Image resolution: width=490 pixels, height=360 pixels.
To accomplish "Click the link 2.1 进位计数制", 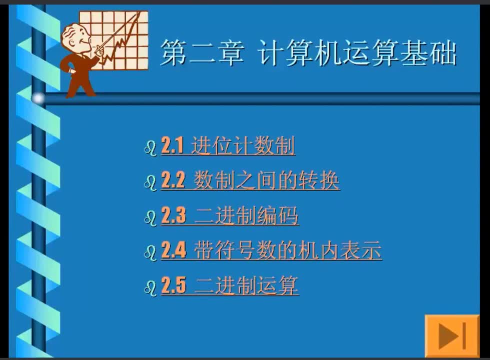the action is click(x=228, y=146).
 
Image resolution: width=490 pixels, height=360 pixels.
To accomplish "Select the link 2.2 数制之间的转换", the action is click(x=250, y=180).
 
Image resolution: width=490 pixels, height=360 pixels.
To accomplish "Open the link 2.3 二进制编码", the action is click(x=229, y=215).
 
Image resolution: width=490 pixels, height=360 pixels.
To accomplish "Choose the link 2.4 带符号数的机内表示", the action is click(x=271, y=250).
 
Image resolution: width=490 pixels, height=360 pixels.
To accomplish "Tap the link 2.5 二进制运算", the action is click(x=229, y=285).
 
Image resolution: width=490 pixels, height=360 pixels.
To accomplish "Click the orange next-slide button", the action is click(x=452, y=336).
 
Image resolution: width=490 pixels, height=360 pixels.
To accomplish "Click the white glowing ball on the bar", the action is click(x=38, y=98).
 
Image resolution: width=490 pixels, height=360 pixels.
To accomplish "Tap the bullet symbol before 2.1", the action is click(x=150, y=148).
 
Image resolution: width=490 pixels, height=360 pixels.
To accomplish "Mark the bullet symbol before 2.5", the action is click(x=150, y=288).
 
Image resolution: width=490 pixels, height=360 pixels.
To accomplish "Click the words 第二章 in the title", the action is click(x=202, y=52).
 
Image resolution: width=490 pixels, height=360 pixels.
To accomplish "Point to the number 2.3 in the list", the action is click(x=173, y=215).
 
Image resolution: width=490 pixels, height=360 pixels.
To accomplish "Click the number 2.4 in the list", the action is click(x=173, y=250).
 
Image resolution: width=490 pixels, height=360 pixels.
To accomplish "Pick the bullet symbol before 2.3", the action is click(x=150, y=218).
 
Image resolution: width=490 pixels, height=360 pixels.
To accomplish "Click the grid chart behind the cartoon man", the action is click(x=114, y=40).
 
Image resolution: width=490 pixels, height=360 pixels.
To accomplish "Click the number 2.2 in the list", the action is click(x=173, y=180).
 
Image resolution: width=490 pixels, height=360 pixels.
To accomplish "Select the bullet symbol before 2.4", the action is click(x=150, y=253).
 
